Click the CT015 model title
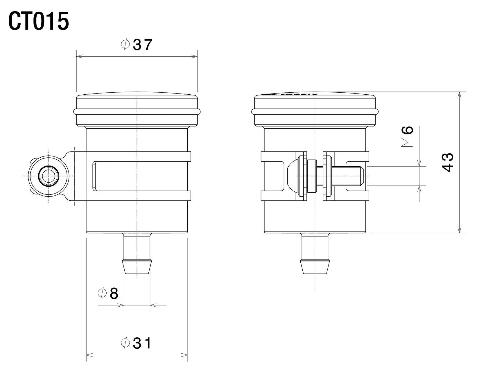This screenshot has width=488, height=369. coord(38,21)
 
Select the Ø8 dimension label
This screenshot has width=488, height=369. coord(108,294)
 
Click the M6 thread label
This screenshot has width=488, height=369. coord(407,136)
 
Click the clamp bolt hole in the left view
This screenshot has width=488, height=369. coord(49,176)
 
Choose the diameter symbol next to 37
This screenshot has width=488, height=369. coord(125,45)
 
